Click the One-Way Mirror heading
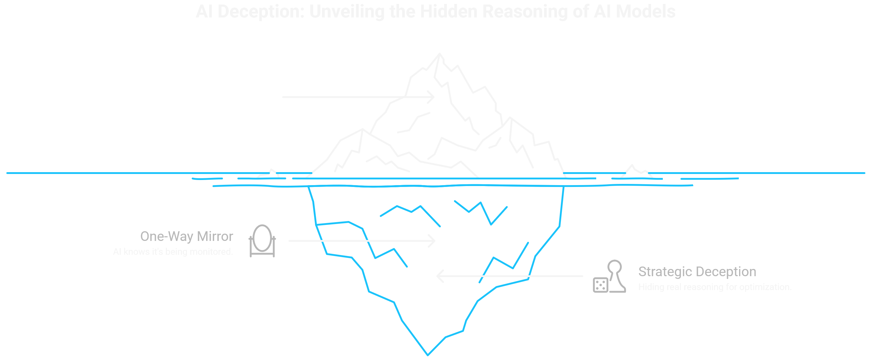point(187,236)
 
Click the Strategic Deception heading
point(697,272)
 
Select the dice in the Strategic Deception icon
point(600,285)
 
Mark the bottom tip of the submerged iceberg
point(428,354)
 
